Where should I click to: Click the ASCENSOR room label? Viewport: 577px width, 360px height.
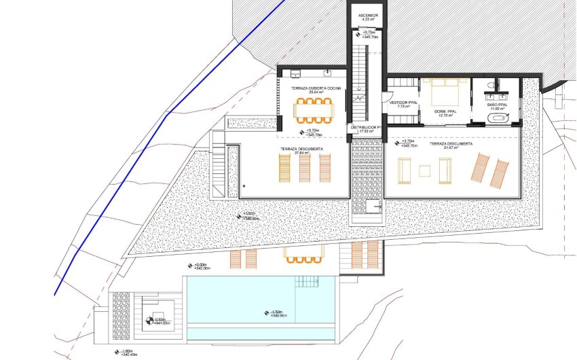[x=367, y=15]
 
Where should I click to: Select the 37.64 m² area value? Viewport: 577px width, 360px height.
[x=302, y=153]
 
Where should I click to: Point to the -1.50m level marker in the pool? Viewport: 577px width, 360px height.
[x=277, y=314]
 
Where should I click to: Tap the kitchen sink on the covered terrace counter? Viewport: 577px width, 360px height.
[x=327, y=72]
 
